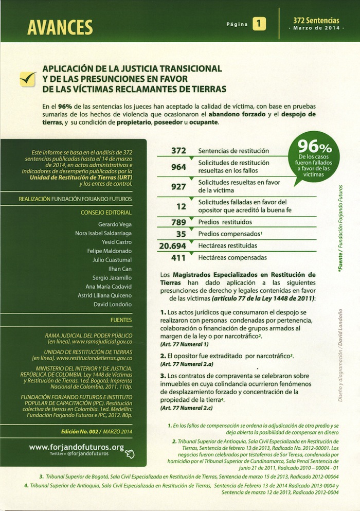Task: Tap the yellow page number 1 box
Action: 260,24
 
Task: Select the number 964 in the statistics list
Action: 178,167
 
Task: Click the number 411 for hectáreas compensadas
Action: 178,257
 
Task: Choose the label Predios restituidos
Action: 225,222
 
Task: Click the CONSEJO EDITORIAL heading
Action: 106,212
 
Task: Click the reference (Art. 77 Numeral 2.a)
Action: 185,364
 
